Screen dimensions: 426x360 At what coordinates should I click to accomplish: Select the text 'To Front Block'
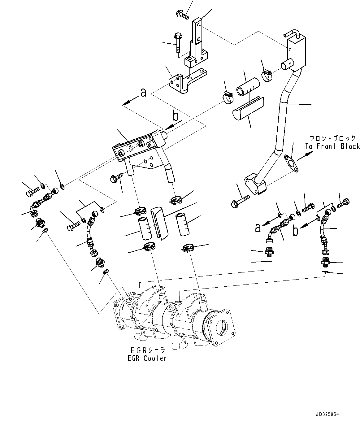pyautogui.click(x=332, y=146)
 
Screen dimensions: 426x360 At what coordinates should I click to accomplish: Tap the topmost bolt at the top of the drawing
pyautogui.click(x=182, y=14)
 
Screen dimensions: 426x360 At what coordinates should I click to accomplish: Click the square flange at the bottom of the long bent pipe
pyautogui.click(x=255, y=185)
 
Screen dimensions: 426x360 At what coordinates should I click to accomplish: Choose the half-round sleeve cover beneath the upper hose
pyautogui.click(x=248, y=108)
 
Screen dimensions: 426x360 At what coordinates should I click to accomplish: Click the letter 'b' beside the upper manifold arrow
pyautogui.click(x=176, y=116)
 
